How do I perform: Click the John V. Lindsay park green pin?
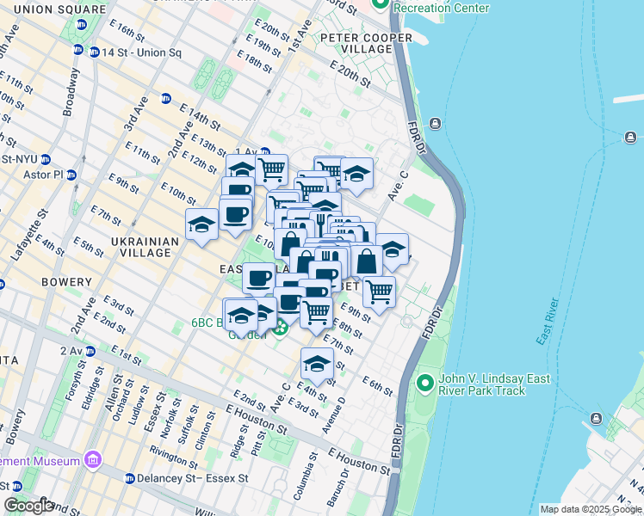[x=424, y=381]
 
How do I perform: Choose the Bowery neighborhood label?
[x=65, y=282]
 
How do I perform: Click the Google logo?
[x=28, y=506]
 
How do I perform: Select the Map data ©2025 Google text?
[x=591, y=509]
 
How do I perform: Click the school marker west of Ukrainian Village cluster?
[x=201, y=224]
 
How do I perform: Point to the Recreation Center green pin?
[x=380, y=6]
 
